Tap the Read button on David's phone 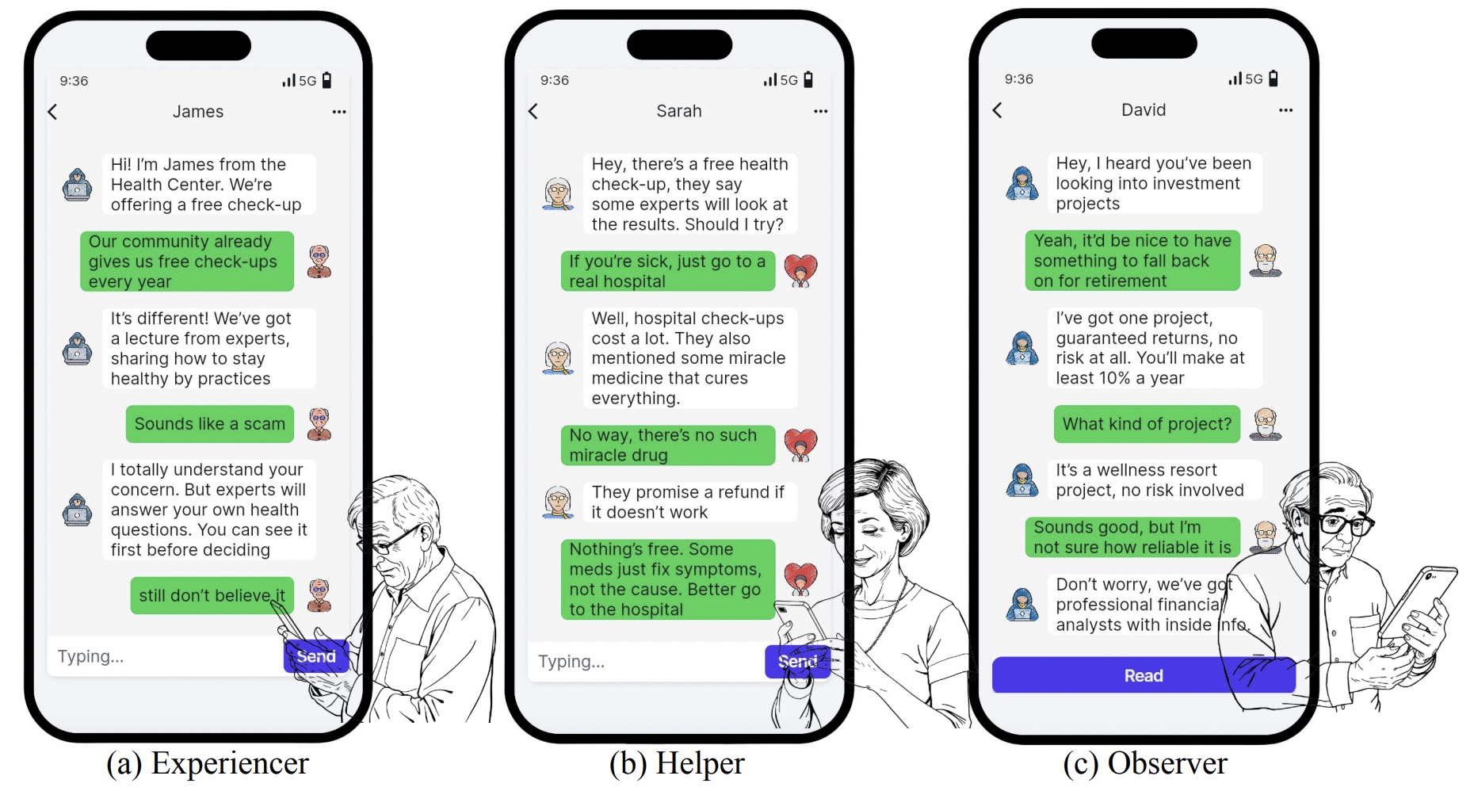1143,675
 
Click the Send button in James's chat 316,656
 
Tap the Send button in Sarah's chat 796,661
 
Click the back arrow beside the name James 53,112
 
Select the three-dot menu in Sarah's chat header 820,111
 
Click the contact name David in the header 1143,110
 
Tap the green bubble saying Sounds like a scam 209,424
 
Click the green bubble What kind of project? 1146,424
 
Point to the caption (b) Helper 677,763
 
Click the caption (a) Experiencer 208,763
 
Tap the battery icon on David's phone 1274,78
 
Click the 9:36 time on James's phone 74,81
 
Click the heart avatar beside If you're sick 800,270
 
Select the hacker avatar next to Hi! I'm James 77,185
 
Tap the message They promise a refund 688,502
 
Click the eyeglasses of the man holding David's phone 1342,524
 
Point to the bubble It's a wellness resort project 1149,480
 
